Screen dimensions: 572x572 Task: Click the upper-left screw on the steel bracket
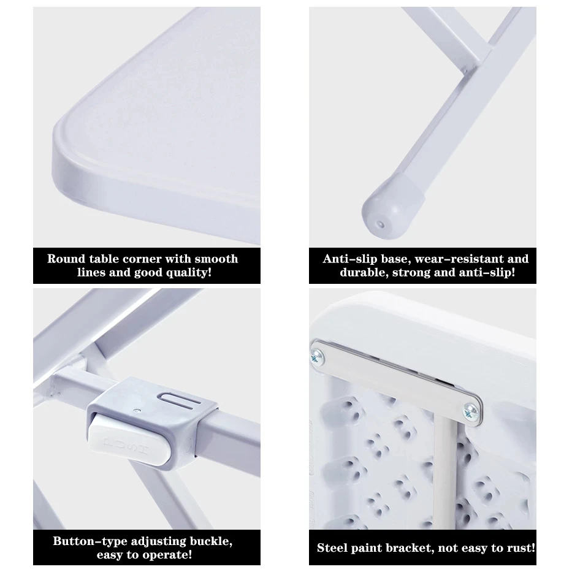pos(317,356)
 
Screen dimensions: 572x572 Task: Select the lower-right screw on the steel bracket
pos(471,411)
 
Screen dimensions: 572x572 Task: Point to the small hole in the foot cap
pos(381,224)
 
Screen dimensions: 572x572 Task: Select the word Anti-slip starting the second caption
pos(349,259)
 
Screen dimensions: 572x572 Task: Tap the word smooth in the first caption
pos(216,259)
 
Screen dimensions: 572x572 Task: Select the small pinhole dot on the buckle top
pos(137,410)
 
